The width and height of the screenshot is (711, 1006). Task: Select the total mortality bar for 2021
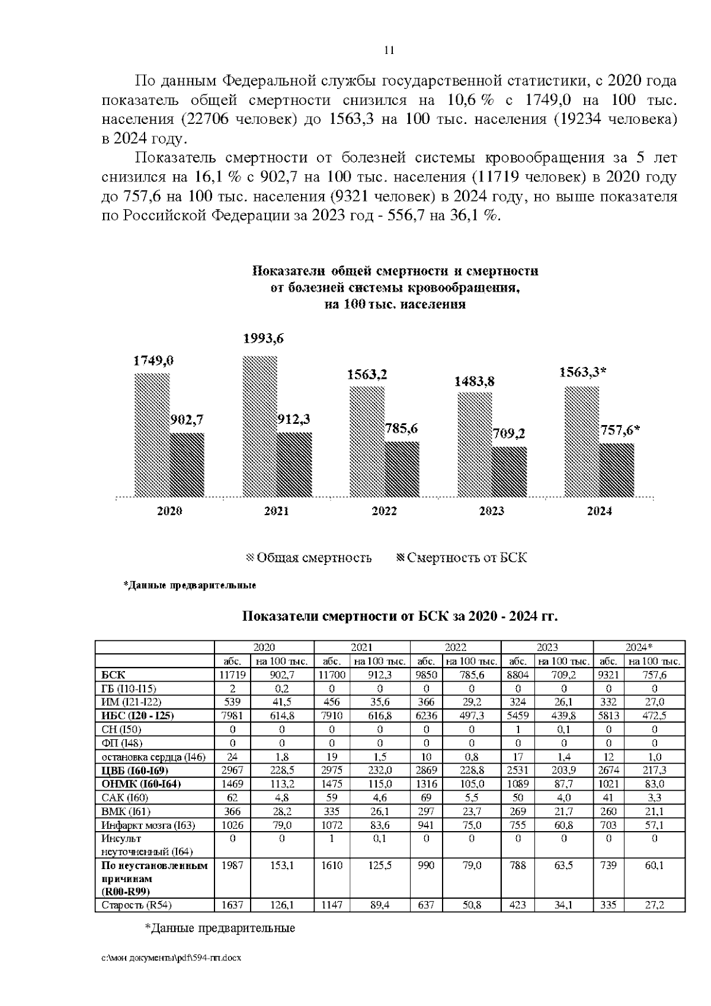coord(260,426)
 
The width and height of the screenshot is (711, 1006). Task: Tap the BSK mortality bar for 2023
coord(510,471)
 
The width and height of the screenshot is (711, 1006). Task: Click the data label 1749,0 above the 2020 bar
coord(153,360)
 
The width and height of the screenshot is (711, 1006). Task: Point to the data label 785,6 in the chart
coord(402,428)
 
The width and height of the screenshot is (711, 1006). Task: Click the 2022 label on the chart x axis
coord(384,511)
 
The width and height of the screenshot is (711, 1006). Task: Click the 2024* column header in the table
coord(639,647)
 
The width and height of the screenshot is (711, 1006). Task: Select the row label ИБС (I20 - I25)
coord(137,716)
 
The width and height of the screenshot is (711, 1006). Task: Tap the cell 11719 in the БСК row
coord(232,675)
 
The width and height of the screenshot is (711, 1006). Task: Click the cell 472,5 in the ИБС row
coord(654,716)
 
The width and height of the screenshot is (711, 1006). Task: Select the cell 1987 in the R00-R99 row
coord(232,866)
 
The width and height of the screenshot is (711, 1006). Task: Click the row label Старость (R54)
coord(137,905)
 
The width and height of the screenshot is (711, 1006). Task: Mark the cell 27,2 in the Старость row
coord(654,905)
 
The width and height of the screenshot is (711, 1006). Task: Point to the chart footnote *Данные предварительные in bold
coord(190,586)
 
